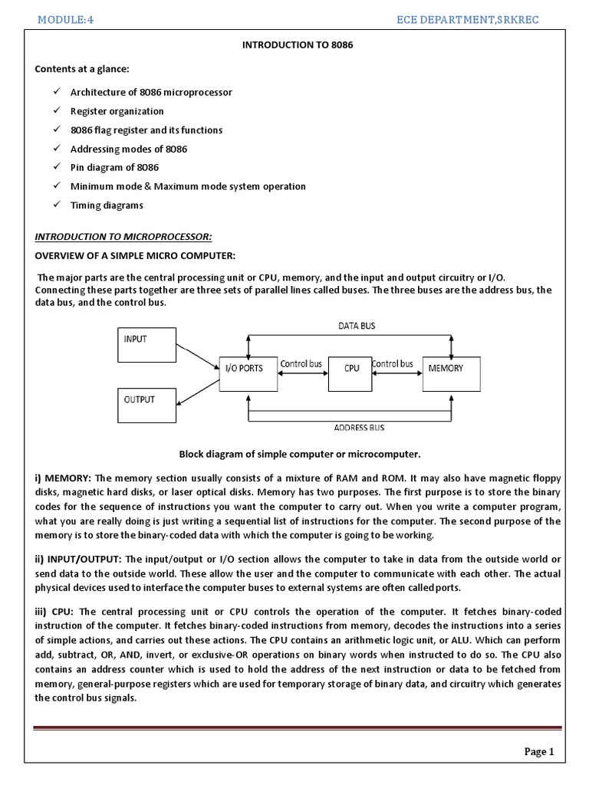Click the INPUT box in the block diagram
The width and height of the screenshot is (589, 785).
[146, 344]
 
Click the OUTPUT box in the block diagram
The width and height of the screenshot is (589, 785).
[146, 406]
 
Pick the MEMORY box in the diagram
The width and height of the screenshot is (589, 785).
[452, 373]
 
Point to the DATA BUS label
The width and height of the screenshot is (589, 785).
[357, 326]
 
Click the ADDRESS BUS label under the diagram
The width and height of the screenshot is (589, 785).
[359, 427]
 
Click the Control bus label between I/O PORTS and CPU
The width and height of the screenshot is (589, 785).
[301, 363]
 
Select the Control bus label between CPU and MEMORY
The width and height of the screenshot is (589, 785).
[393, 363]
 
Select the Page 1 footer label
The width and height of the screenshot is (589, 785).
[538, 751]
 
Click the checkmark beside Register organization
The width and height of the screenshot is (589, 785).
[58, 111]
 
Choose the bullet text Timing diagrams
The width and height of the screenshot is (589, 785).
[107, 205]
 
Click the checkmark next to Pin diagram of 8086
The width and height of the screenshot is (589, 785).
[58, 167]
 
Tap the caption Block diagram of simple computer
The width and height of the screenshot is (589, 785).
[300, 453]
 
